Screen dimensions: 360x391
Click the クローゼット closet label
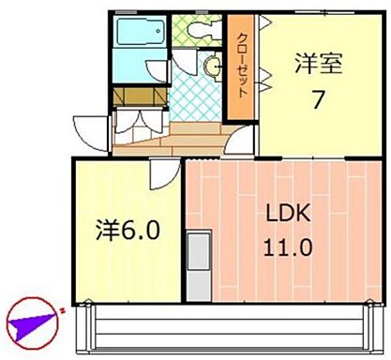pyautogui.click(x=241, y=67)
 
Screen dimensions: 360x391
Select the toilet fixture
pyautogui.click(x=199, y=30)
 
